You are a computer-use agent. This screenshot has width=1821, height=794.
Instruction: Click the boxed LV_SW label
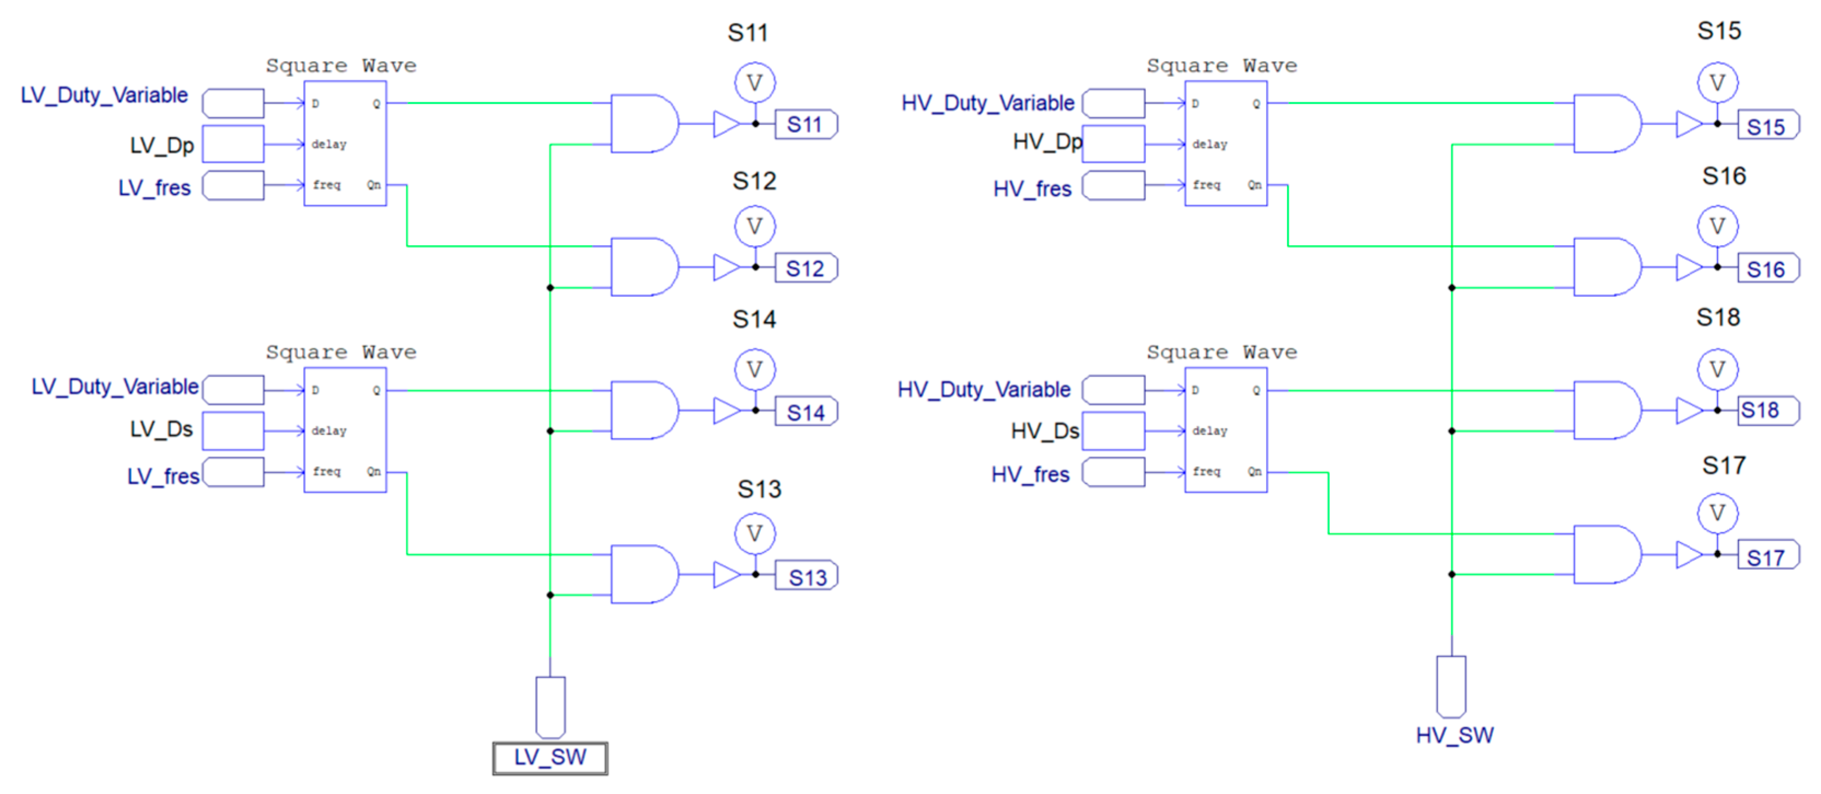[x=549, y=757]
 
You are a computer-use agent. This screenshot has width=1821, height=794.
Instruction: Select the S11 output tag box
[x=805, y=125]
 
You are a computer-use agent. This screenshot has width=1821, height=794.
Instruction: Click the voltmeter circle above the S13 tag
[x=754, y=533]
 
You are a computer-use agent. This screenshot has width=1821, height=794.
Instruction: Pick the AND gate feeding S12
[x=643, y=267]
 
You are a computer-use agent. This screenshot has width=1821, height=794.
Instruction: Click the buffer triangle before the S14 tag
[x=726, y=410]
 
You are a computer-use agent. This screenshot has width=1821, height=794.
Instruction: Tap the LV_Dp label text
[x=161, y=145]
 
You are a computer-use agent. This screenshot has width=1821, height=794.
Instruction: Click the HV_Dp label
[x=1046, y=142]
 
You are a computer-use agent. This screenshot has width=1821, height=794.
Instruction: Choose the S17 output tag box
[x=1767, y=557]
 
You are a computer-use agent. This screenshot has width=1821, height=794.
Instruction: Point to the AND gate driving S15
[x=1605, y=123]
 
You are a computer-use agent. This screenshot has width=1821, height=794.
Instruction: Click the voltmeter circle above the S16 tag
[x=1717, y=226]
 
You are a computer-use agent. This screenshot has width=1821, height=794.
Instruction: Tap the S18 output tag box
[x=1767, y=410]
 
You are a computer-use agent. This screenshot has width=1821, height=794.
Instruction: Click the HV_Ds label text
[x=1044, y=431]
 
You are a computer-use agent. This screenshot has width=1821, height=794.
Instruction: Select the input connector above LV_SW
[x=550, y=707]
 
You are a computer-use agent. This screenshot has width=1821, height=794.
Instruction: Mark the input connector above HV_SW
[x=1451, y=686]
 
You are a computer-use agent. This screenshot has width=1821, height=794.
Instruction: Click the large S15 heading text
[x=1719, y=31]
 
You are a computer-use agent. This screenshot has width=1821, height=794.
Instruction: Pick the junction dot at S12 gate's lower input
[x=550, y=287]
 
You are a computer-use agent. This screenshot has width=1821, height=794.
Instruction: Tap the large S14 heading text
[x=754, y=319]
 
